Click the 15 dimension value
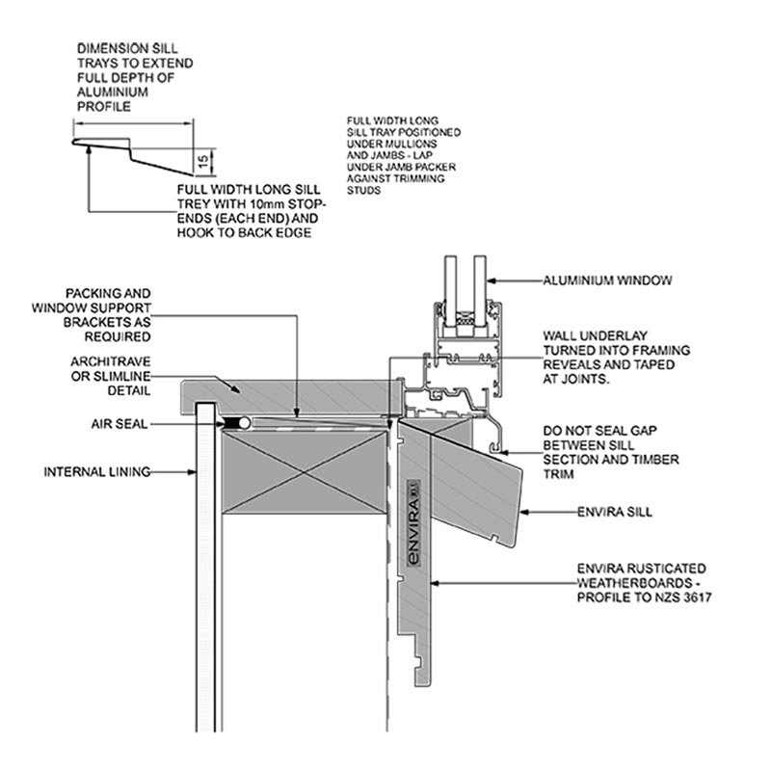(203, 161)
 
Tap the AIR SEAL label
(119, 424)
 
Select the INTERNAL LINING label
(97, 472)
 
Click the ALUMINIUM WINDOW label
(607, 280)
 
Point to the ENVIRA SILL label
(615, 513)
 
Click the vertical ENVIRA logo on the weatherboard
(414, 522)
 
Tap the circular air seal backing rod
(244, 423)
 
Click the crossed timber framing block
(305, 472)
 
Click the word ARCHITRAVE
(111, 362)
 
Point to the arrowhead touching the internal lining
(191, 472)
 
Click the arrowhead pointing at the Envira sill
(524, 513)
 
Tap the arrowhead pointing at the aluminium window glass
(492, 281)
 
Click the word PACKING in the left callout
(89, 294)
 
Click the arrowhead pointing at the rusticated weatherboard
(436, 584)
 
